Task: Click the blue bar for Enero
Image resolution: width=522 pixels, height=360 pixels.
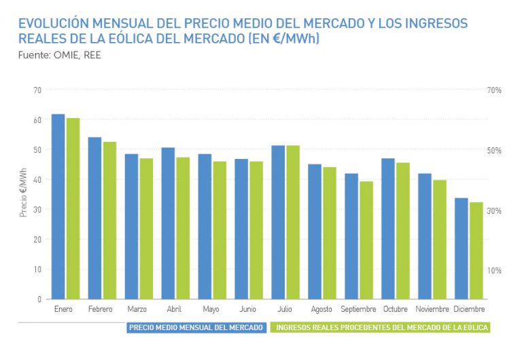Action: point(58,206)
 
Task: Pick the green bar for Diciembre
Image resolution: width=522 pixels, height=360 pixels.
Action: point(476,251)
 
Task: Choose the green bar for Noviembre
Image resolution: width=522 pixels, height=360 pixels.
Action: point(439,239)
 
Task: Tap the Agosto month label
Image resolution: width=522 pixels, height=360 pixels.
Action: point(322,310)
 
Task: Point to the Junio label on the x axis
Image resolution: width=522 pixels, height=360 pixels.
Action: point(249,310)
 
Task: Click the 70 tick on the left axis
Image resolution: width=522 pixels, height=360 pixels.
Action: point(37,90)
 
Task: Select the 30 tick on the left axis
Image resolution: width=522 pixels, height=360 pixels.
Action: point(37,209)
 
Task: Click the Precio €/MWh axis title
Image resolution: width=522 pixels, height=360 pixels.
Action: point(23,194)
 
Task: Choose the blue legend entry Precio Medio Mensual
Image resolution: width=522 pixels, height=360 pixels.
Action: point(196,327)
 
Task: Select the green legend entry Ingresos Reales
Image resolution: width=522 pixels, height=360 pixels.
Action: point(381,327)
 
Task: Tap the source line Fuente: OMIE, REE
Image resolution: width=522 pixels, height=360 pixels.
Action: point(60,54)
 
